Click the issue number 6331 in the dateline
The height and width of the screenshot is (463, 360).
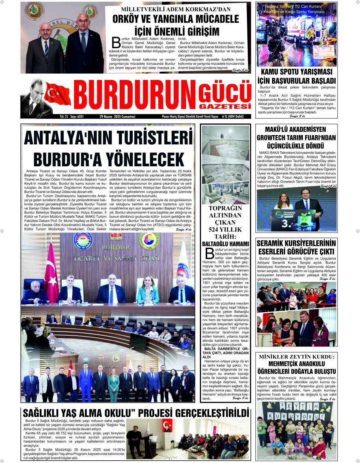[80, 116]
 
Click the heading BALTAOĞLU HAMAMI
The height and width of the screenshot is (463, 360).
[225, 244]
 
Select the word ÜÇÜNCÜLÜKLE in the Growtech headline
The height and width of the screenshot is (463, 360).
[296, 146]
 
